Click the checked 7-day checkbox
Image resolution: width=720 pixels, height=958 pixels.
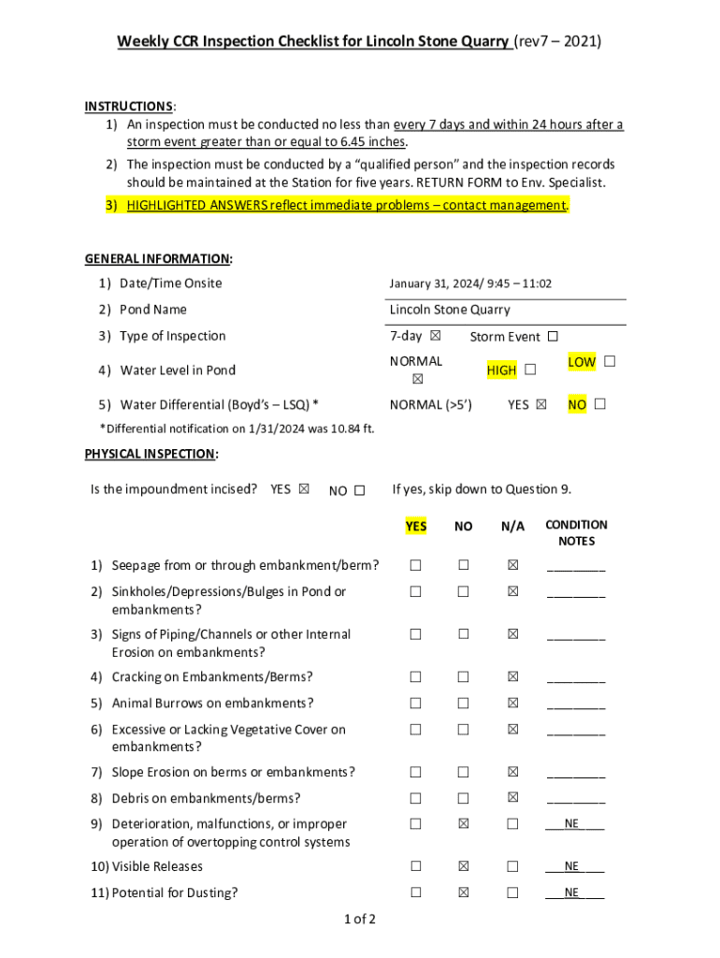tap(435, 336)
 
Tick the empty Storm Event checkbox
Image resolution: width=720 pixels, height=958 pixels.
tap(552, 336)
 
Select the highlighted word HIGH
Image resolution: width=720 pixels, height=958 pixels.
tap(501, 370)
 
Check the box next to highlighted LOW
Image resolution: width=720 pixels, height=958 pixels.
tap(610, 361)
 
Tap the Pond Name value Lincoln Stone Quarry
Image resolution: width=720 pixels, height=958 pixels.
tap(450, 310)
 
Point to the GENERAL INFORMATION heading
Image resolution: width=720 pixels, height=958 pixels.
tap(159, 258)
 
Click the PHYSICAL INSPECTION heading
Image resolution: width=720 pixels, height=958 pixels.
tap(151, 454)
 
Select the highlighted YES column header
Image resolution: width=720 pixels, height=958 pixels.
tap(416, 527)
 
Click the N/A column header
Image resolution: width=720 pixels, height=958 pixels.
tap(512, 527)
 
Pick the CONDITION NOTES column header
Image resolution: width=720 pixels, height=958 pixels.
tap(576, 533)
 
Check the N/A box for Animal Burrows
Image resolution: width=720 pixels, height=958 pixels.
tap(512, 704)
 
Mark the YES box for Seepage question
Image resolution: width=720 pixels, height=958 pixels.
tap(415, 565)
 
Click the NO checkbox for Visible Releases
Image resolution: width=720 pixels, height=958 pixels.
tap(463, 866)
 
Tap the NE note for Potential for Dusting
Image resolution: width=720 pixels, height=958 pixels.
tap(572, 893)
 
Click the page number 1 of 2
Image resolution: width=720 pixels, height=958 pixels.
tap(360, 920)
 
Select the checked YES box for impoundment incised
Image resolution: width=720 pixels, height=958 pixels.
tap(303, 488)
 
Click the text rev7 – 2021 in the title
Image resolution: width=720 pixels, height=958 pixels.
tap(558, 41)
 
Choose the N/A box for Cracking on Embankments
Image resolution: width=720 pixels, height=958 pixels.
tap(512, 677)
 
